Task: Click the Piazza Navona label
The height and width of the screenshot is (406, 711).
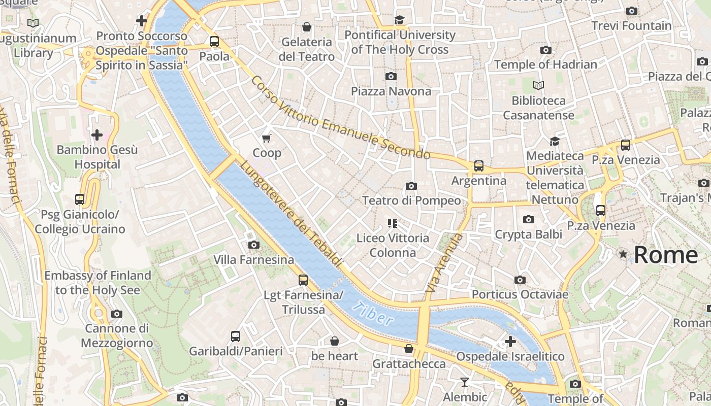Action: tap(391, 91)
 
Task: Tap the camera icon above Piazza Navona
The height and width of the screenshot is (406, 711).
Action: tap(391, 76)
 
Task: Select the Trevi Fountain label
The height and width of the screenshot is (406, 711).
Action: tap(631, 26)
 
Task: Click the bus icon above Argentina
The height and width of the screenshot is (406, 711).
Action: tap(478, 165)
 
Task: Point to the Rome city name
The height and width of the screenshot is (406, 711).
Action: tap(666, 255)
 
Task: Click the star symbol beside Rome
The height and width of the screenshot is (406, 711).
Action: tap(623, 254)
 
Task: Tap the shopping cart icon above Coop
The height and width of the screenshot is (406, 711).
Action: tap(267, 138)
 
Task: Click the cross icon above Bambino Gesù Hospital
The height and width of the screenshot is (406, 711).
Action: tap(96, 135)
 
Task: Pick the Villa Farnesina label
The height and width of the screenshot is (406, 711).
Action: tap(253, 260)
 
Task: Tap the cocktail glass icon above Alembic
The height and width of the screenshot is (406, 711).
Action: tap(464, 382)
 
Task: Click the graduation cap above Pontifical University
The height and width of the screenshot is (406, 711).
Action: tap(400, 20)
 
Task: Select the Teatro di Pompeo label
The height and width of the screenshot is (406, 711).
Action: tap(411, 200)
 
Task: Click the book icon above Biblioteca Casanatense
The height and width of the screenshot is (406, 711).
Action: tap(538, 85)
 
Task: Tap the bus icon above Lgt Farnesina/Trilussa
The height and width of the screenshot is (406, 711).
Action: tap(303, 280)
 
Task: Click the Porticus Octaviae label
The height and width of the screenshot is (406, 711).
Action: tap(520, 294)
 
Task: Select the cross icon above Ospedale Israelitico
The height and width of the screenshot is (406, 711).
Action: tap(510, 342)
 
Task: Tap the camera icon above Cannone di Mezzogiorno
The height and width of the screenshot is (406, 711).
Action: tap(117, 314)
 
